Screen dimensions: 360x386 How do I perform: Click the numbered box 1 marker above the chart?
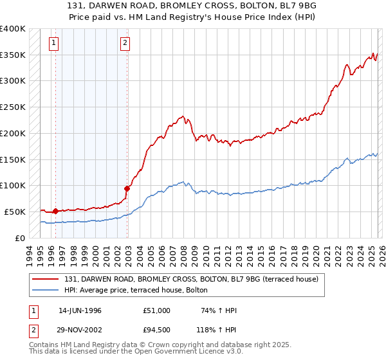53,44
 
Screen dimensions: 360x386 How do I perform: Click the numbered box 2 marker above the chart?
125,44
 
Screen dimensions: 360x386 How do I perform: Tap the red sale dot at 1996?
55,210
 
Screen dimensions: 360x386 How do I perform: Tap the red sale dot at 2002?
127,188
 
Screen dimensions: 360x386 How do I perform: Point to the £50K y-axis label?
15,212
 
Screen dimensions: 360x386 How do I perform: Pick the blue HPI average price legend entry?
135,290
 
